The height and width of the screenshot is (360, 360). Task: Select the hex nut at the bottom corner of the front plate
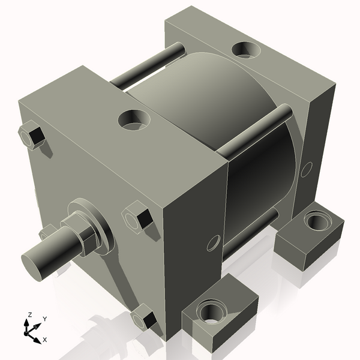pyautogui.click(x=145, y=316)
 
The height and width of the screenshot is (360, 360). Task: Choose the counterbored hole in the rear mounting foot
pyautogui.click(x=316, y=221)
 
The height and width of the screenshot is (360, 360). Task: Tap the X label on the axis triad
pyautogui.click(x=45, y=340)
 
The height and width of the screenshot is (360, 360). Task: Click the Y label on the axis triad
pyautogui.click(x=45, y=319)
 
